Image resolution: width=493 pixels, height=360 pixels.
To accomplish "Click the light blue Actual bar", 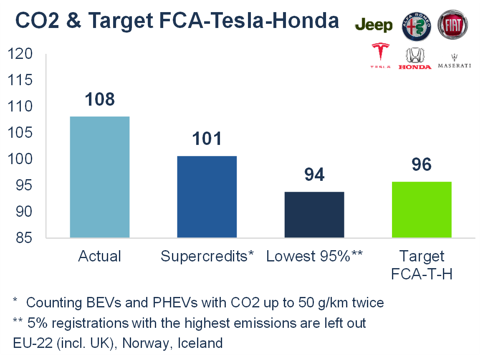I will (99, 177).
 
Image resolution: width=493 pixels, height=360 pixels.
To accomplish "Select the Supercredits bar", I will (207, 197).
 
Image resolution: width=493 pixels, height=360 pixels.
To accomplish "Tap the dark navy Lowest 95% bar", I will (314, 215).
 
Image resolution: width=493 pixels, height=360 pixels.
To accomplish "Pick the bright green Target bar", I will (422, 210).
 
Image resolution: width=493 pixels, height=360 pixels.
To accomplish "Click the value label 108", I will (99, 100).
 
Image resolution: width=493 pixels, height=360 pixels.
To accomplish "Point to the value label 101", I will (207, 139).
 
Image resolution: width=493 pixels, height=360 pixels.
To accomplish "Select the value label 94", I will (314, 175).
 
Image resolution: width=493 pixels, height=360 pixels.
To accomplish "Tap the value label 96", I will (422, 165).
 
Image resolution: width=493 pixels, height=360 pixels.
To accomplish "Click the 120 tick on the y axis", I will (20, 54).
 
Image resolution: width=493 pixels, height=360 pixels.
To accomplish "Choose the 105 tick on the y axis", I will (20, 133).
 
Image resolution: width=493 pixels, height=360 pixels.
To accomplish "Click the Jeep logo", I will (374, 25).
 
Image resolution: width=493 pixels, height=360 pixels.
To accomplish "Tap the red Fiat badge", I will (453, 24).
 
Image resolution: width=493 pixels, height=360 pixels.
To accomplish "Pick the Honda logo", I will (415, 58).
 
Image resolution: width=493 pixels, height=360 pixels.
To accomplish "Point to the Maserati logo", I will (454, 61).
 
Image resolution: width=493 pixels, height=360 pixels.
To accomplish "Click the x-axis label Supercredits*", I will (207, 256).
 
